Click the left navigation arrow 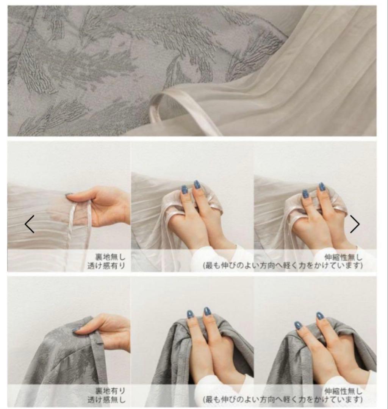tap(30, 224)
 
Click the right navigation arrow tap(355, 224)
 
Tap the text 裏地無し tap(110, 257)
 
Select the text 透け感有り tap(106, 266)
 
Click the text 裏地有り tap(110, 390)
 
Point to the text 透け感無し tap(106, 400)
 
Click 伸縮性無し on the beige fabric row tap(343, 257)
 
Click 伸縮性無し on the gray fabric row tap(343, 390)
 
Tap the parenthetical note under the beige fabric tap(283, 266)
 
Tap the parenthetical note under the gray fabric tap(283, 400)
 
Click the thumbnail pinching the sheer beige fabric tap(69, 194)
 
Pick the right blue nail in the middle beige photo tap(197, 185)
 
